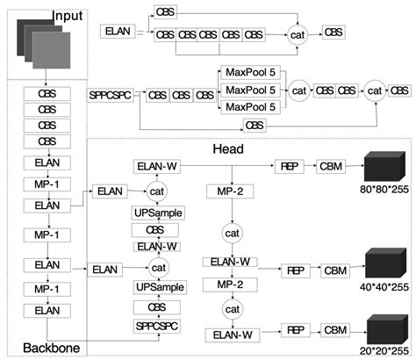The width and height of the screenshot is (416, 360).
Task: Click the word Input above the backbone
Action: pyautogui.click(x=68, y=17)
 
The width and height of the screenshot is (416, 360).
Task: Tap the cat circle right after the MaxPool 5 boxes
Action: pyautogui.click(x=299, y=90)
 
